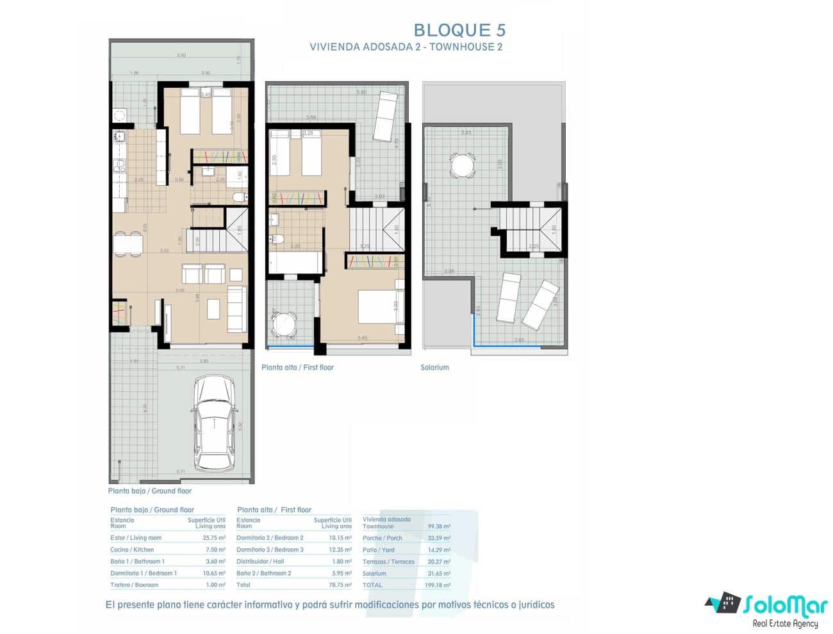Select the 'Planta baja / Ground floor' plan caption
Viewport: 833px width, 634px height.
[x=150, y=491]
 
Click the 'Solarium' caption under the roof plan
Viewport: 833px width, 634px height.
[x=434, y=368]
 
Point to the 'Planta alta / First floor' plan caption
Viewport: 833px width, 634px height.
[x=297, y=368]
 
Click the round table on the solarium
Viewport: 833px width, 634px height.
[x=461, y=166]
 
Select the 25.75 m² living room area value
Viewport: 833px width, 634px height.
[x=213, y=538]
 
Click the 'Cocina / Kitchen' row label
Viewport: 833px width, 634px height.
[x=132, y=549]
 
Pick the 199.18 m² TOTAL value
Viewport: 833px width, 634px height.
[x=438, y=585]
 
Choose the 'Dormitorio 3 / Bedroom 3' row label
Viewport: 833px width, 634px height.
[x=270, y=549]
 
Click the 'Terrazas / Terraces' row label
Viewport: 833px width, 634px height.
[x=388, y=562]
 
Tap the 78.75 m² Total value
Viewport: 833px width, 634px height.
[x=340, y=585]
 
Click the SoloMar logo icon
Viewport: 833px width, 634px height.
[x=723, y=603]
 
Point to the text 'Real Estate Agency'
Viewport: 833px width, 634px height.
[x=785, y=624]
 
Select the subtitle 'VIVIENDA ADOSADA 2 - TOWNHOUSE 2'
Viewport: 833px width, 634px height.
[x=406, y=47]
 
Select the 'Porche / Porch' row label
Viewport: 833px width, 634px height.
[x=382, y=539]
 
